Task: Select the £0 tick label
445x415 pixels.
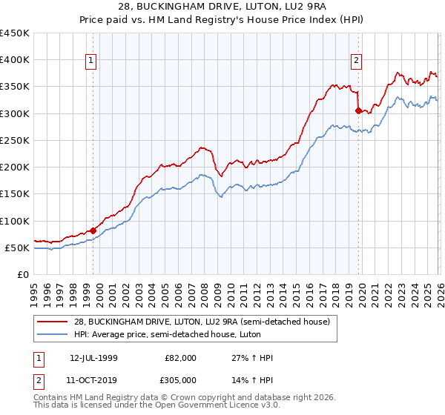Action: coord(22,275)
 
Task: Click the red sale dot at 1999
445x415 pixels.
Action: coord(93,230)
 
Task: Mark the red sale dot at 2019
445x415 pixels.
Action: coord(358,110)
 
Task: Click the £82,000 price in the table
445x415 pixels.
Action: coord(181,358)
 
